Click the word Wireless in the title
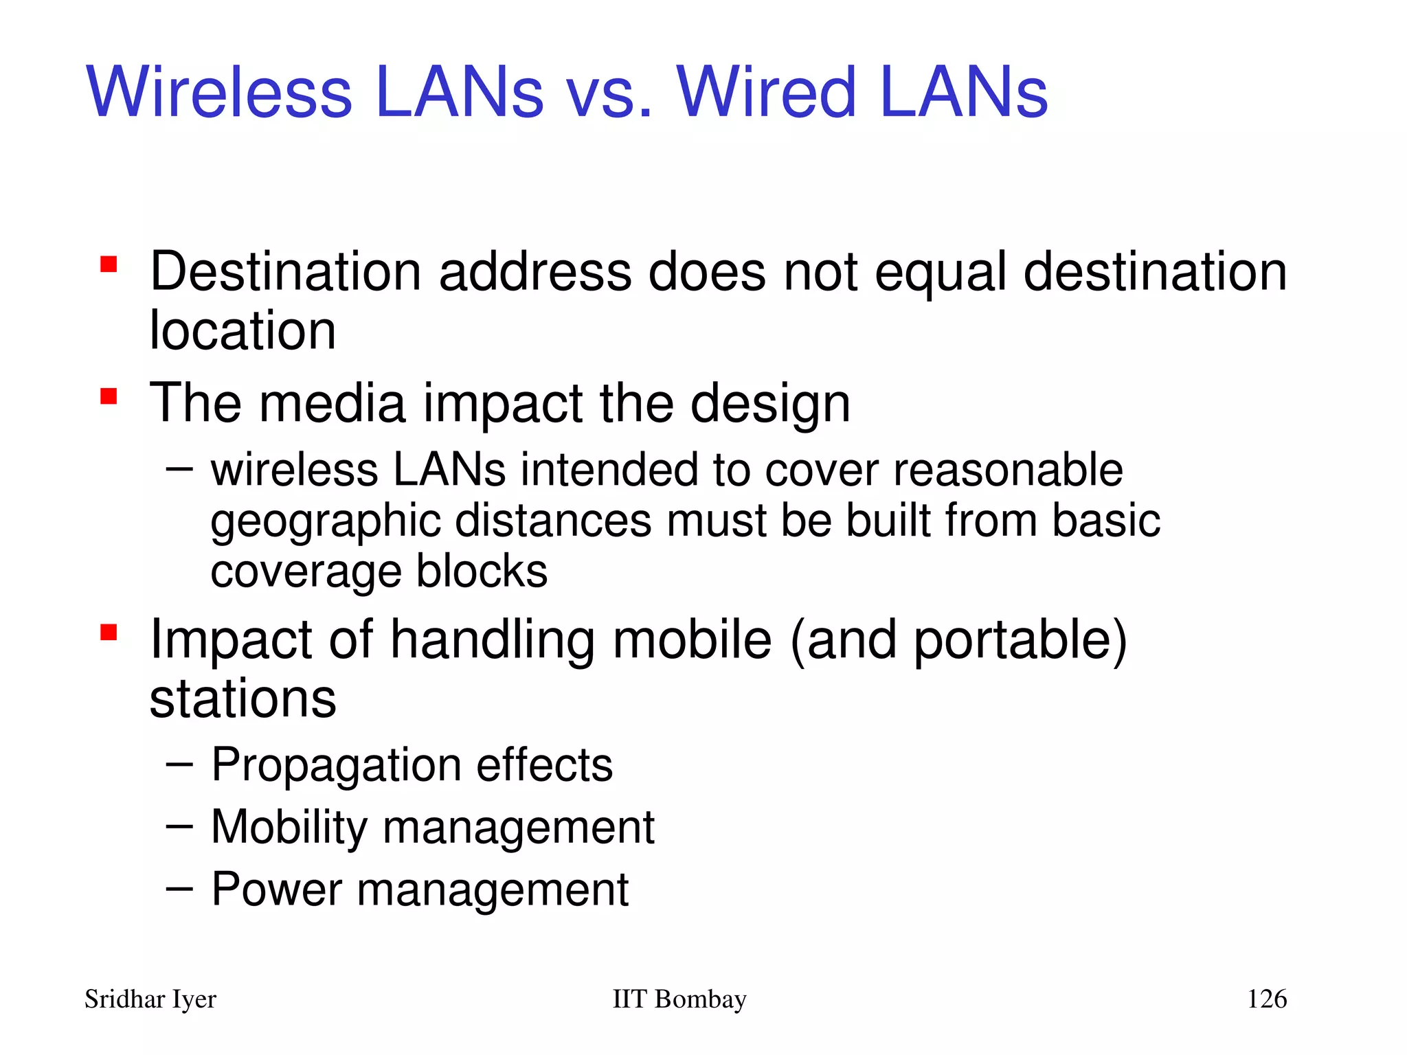pyautogui.click(x=219, y=93)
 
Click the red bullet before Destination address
pyautogui.click(x=109, y=264)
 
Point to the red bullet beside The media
pyautogui.click(x=109, y=396)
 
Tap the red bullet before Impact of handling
pyautogui.click(x=109, y=632)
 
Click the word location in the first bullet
pyautogui.click(x=243, y=330)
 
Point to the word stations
pyautogui.click(x=243, y=699)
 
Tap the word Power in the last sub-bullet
pyautogui.click(x=276, y=889)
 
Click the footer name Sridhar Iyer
pyautogui.click(x=150, y=999)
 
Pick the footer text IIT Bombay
pyautogui.click(x=679, y=999)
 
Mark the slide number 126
pyautogui.click(x=1266, y=999)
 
